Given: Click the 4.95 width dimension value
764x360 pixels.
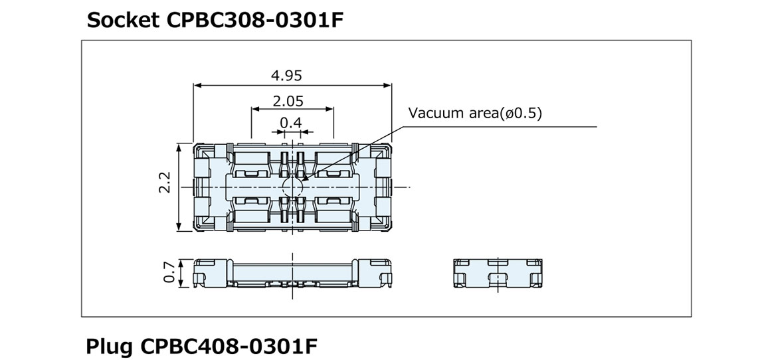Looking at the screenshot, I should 286,75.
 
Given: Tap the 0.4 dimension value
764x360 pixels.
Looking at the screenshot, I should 291,122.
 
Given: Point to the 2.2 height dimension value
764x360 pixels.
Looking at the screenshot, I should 165,183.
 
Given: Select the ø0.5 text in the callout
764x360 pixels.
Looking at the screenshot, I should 521,113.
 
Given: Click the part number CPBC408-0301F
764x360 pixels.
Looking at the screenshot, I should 229,346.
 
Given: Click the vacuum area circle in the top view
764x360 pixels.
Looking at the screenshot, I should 292,187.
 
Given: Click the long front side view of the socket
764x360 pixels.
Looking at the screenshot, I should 292,272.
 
